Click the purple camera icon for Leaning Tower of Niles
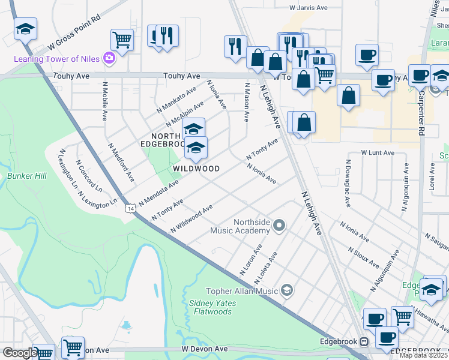pyautogui.click(x=109, y=58)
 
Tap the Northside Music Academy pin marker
pyautogui.click(x=278, y=226)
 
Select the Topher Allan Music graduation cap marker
pyautogui.click(x=287, y=291)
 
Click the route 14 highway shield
pyautogui.click(x=130, y=208)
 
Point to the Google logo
pyautogui.click(x=19, y=353)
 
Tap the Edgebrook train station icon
pyautogui.click(x=363, y=341)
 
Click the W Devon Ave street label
pyautogui.click(x=205, y=349)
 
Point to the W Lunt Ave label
pyautogui.click(x=378, y=153)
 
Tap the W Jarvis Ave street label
pyautogui.click(x=308, y=8)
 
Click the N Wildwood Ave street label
pyautogui.click(x=191, y=219)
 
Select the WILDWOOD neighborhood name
pyautogui.click(x=196, y=169)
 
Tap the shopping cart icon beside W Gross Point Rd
pyautogui.click(x=122, y=40)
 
